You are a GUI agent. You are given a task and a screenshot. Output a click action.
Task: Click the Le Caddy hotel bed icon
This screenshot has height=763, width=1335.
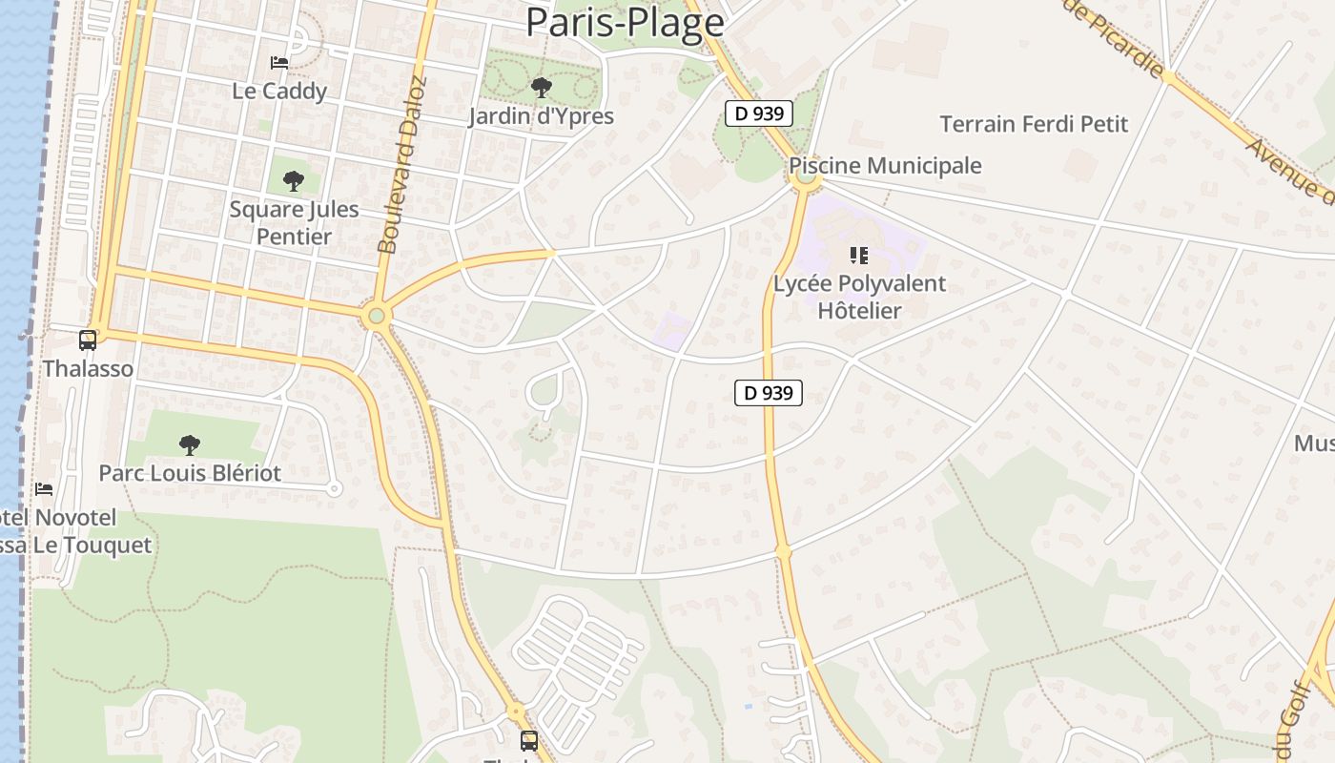click(279, 63)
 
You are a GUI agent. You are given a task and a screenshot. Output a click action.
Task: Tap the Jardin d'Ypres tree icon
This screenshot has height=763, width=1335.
click(541, 89)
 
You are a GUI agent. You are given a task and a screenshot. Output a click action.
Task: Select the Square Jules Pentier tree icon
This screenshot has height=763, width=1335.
click(294, 180)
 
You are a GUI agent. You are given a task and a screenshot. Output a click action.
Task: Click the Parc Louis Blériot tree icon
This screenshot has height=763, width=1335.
click(190, 444)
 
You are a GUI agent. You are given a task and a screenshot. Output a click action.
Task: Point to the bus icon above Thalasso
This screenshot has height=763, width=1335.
click(88, 340)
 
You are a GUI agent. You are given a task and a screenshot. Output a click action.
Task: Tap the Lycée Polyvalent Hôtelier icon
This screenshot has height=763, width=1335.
click(859, 255)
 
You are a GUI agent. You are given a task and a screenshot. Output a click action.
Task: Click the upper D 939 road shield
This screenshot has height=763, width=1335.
click(759, 113)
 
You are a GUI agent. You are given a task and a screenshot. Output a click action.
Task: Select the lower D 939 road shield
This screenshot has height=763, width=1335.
click(769, 392)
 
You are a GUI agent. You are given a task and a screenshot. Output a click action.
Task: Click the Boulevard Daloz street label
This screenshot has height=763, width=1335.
click(401, 165)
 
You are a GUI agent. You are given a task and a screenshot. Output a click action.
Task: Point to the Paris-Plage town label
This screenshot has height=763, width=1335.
click(625, 23)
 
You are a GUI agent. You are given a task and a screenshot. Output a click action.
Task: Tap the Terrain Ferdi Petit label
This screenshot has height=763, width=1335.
click(1034, 124)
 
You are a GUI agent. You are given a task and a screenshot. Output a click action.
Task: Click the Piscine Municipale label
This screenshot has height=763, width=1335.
click(885, 165)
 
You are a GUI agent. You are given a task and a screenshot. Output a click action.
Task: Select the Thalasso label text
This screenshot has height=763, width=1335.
click(88, 368)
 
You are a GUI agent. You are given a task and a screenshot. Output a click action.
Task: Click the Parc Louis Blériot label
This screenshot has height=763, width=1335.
click(191, 473)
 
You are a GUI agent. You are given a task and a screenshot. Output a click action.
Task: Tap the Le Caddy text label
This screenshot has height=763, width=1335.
click(279, 92)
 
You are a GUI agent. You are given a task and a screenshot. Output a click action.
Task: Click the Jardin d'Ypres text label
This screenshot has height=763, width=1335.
click(541, 116)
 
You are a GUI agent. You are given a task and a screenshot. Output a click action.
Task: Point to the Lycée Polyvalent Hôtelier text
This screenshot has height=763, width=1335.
click(859, 297)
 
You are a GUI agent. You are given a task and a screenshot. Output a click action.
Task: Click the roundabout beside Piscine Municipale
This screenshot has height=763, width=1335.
click(806, 176)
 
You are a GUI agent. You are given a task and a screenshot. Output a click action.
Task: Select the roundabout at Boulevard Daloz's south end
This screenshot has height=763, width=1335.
click(376, 316)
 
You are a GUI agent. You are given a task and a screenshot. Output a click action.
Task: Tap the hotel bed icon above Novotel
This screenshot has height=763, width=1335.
click(44, 489)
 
